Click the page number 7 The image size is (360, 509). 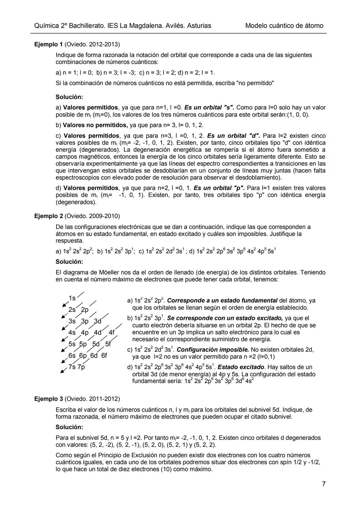[x=324, y=484]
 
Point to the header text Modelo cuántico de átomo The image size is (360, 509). [x=284, y=26]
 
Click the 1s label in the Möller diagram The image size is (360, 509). [x=72, y=298]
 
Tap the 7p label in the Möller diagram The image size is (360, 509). [x=81, y=367]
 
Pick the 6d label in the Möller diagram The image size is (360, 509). [x=94, y=356]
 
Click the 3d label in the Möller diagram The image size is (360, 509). [x=97, y=321]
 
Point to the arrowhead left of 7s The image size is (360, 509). [x=62, y=372]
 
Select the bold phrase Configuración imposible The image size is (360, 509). [x=213, y=350]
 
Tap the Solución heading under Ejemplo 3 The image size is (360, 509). [x=69, y=427]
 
